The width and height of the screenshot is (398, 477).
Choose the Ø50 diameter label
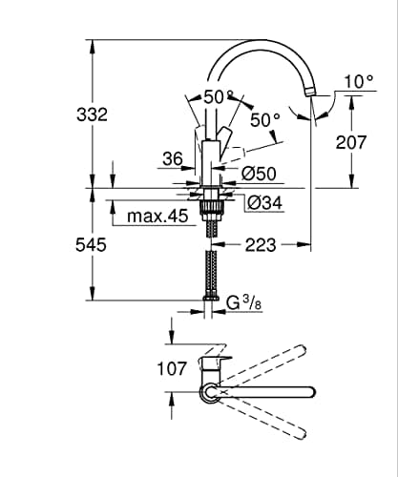point(259,174)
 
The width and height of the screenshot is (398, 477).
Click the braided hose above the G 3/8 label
point(211,272)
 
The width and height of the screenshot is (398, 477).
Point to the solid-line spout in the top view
point(277,391)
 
